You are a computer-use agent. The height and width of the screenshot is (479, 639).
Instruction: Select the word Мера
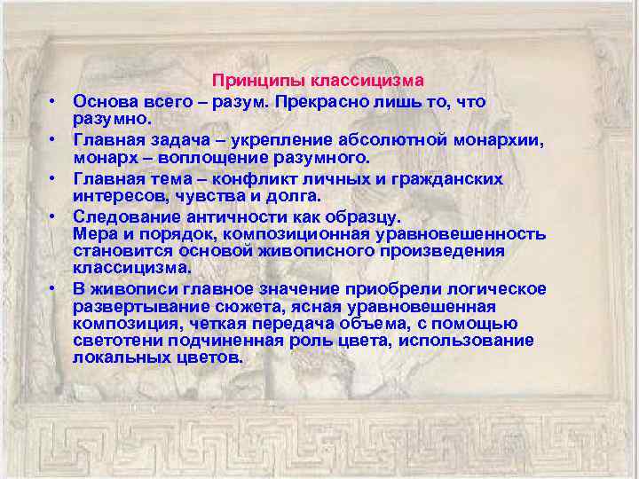coord(94,233)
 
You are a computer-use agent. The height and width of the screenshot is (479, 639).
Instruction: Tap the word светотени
coord(115,341)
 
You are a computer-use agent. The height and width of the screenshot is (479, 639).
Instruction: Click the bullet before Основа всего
coord(54,101)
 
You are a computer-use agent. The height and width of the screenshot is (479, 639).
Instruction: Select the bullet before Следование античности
coord(54,217)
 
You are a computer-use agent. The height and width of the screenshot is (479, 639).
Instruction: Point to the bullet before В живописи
coord(54,289)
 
